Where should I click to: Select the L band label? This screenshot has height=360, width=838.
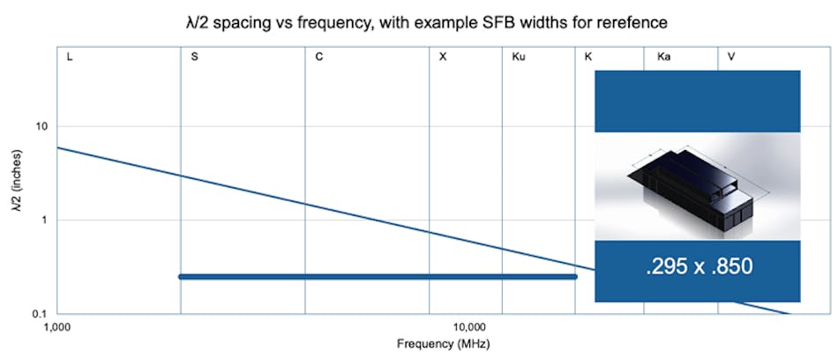pos(70,57)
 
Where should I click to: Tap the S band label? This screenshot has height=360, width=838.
pos(194,57)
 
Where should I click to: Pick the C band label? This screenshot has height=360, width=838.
pos(319,57)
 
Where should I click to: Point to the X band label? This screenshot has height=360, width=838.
pos(443,57)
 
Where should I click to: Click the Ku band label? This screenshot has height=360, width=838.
pos(519,57)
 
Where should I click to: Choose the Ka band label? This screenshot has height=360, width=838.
pos(664,57)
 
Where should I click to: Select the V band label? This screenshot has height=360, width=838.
pos(731,57)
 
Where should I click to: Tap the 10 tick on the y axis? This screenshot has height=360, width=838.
pos(41,126)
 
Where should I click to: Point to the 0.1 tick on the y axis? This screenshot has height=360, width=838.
pos(40,313)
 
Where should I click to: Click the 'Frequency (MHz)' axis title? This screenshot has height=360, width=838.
pos(443,343)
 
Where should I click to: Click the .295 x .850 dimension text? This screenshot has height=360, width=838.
pos(697,266)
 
